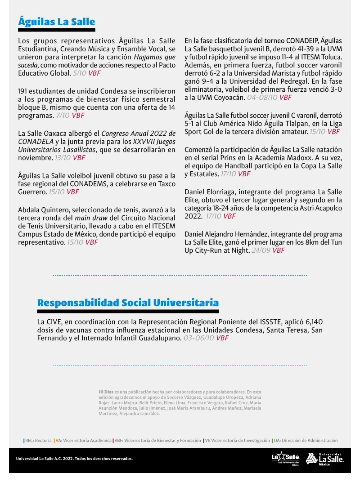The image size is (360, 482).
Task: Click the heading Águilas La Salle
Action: [57, 22]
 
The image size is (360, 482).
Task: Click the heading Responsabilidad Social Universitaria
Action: [128, 303]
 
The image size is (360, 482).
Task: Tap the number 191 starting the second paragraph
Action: [24, 92]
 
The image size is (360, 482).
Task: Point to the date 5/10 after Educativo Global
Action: [79, 72]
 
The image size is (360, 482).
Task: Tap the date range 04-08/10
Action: [262, 97]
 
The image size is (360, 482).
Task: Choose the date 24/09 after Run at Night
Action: [261, 250]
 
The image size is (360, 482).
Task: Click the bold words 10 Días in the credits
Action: [106, 392]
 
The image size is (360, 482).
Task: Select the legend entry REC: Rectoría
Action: [38, 441]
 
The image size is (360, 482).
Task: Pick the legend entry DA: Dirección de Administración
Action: [306, 441]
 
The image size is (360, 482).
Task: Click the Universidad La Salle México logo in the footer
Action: [325, 459]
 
